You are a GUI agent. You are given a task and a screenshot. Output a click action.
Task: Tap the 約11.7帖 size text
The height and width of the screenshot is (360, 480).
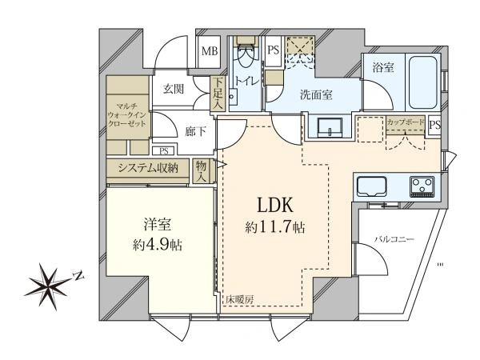pos(274,227)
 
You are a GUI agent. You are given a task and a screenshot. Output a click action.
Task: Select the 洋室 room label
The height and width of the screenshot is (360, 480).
pos(154,226)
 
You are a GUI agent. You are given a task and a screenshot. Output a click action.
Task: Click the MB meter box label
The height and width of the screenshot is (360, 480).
pos(209,52)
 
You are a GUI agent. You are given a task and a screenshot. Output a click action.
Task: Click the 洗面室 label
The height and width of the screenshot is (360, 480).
pos(316,94)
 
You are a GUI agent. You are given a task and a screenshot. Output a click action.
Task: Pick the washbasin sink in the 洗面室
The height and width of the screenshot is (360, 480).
pos(330,128)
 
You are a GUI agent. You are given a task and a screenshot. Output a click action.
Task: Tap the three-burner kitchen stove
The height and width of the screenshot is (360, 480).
pos(424,187)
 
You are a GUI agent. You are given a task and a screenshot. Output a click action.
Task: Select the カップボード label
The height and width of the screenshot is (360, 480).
pos(406,122)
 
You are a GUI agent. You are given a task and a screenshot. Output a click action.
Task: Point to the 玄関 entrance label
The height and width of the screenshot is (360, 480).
pos(174,89)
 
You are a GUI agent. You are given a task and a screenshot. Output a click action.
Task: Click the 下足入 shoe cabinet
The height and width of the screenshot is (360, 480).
pos(218,94)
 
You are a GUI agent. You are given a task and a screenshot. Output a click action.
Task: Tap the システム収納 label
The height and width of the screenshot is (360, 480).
pos(149,167)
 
